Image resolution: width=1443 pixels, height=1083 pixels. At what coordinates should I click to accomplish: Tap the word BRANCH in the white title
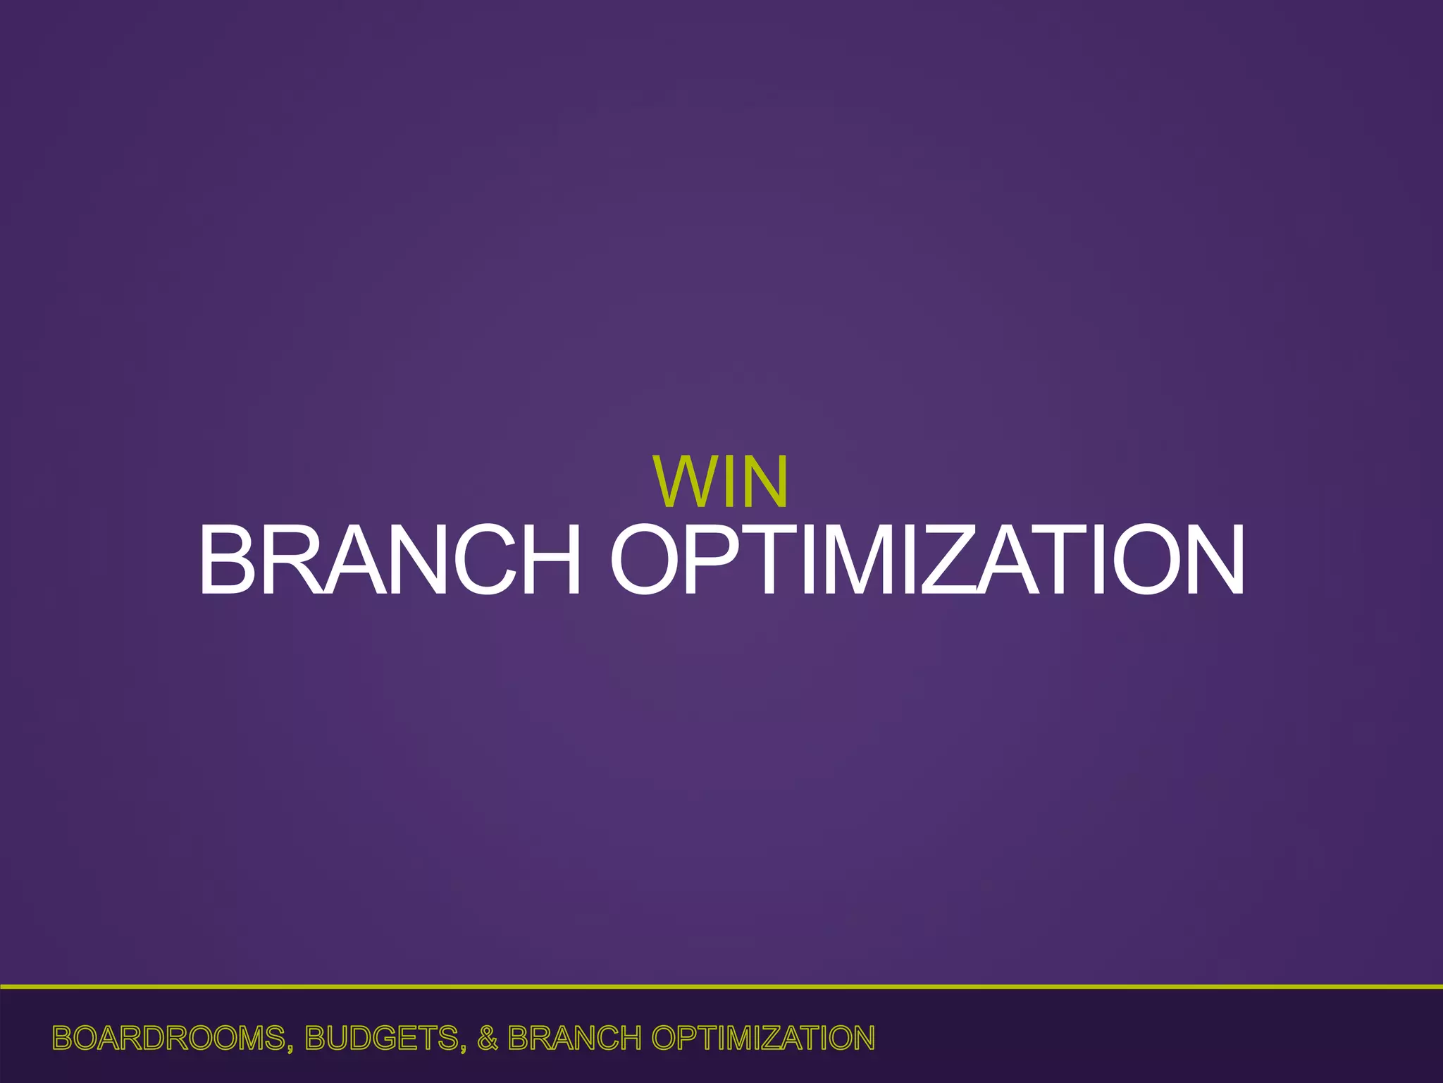(x=390, y=561)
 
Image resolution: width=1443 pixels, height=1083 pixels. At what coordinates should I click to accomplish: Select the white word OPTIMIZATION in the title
(x=927, y=561)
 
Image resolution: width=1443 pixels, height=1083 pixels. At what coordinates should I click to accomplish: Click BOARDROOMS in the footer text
(x=168, y=1039)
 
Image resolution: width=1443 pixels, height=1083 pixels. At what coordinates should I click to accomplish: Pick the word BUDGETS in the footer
(x=383, y=1039)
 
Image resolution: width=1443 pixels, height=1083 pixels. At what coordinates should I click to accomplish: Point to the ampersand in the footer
(x=488, y=1039)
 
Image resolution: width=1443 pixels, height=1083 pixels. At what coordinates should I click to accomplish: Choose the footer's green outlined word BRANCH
(x=574, y=1039)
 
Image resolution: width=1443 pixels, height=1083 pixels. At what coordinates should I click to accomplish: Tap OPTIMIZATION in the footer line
(x=763, y=1039)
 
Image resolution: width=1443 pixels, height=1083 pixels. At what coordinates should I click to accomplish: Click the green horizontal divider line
(x=721, y=987)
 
